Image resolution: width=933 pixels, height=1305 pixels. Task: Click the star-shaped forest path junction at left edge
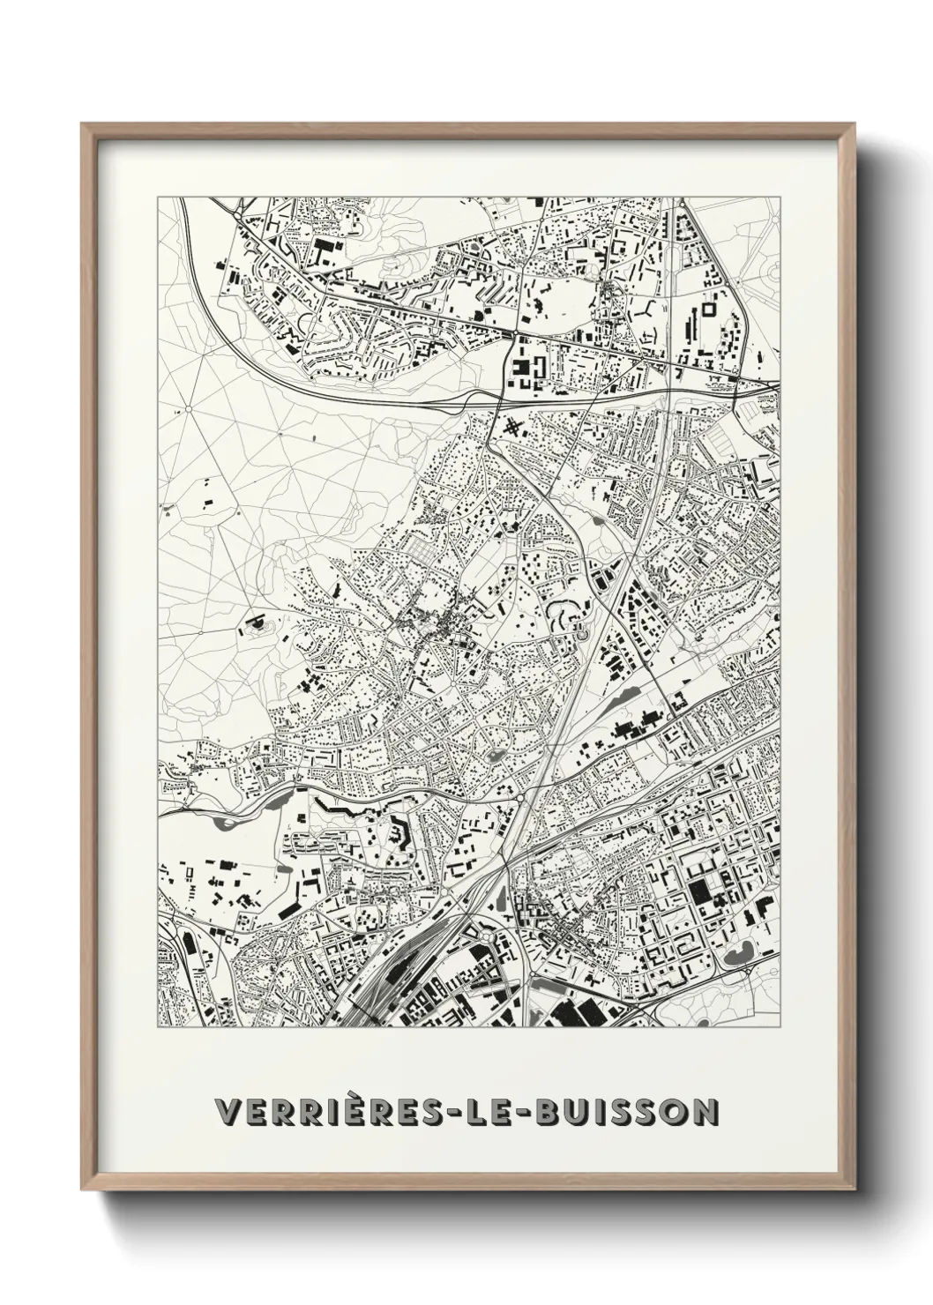(x=188, y=410)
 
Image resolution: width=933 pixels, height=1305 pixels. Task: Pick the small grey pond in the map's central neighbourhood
(x=493, y=755)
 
